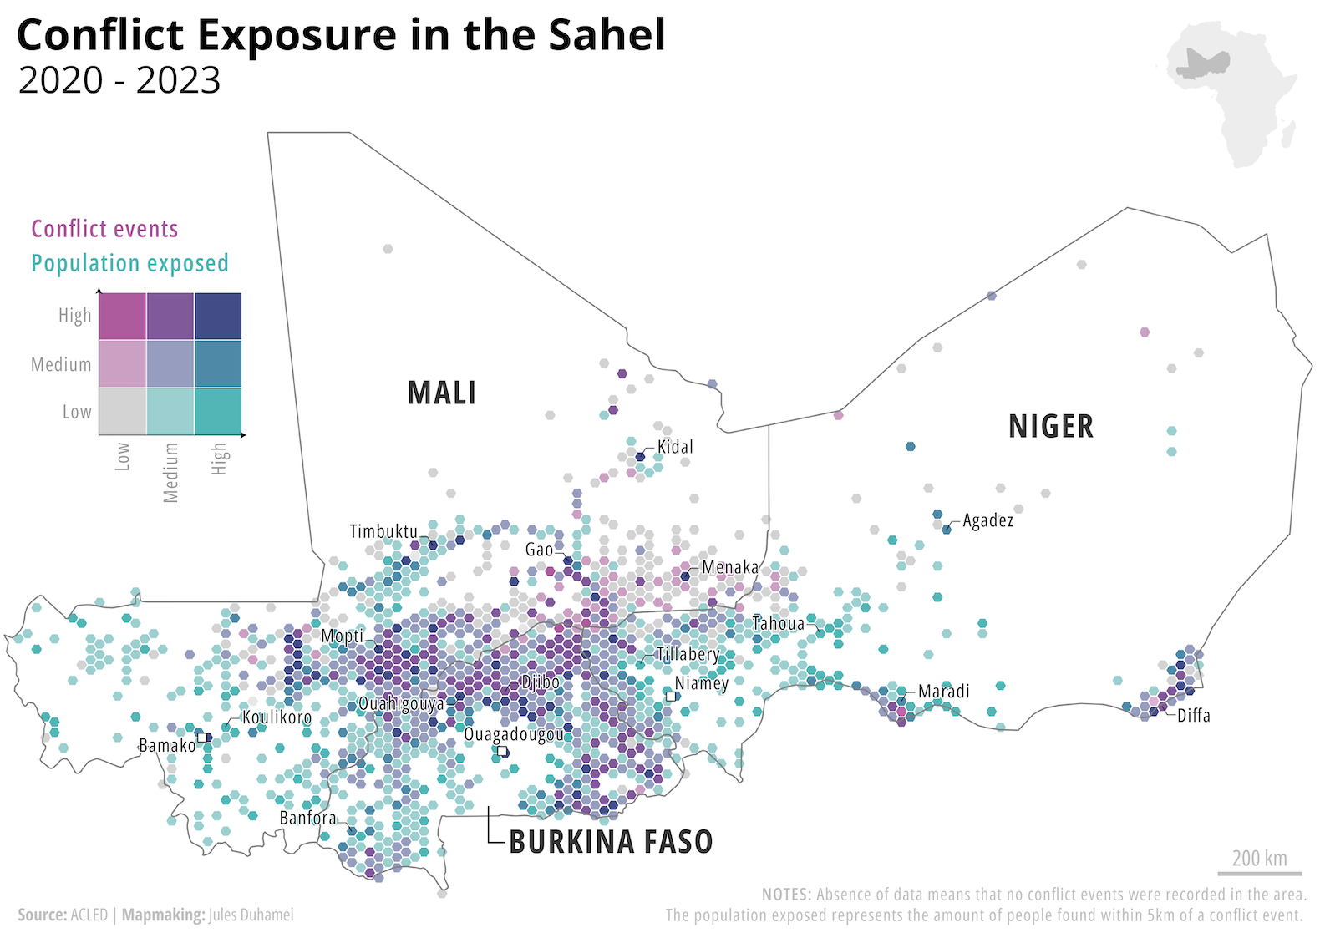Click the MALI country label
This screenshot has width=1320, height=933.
tap(441, 393)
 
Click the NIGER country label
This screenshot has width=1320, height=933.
tap(1050, 426)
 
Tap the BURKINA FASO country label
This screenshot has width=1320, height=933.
tap(611, 841)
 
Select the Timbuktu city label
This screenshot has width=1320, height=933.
tap(383, 531)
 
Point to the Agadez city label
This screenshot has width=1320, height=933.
tap(987, 520)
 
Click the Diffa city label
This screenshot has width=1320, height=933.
tap(1193, 715)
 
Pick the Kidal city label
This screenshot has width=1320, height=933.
tap(675, 447)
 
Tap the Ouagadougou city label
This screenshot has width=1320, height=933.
tap(513, 734)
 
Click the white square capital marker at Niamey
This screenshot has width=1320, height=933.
tap(670, 696)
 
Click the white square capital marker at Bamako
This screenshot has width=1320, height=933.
tap(202, 738)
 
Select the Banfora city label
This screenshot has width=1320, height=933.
tap(307, 818)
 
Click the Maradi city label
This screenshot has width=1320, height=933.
tap(943, 691)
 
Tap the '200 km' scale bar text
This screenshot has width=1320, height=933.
tap(1259, 858)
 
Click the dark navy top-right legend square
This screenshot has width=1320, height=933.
tap(218, 316)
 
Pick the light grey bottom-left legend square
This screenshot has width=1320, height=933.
tap(123, 411)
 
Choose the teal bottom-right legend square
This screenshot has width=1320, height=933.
tap(218, 411)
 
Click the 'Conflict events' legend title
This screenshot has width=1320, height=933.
tap(104, 229)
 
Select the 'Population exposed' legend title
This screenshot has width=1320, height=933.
tap(129, 263)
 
